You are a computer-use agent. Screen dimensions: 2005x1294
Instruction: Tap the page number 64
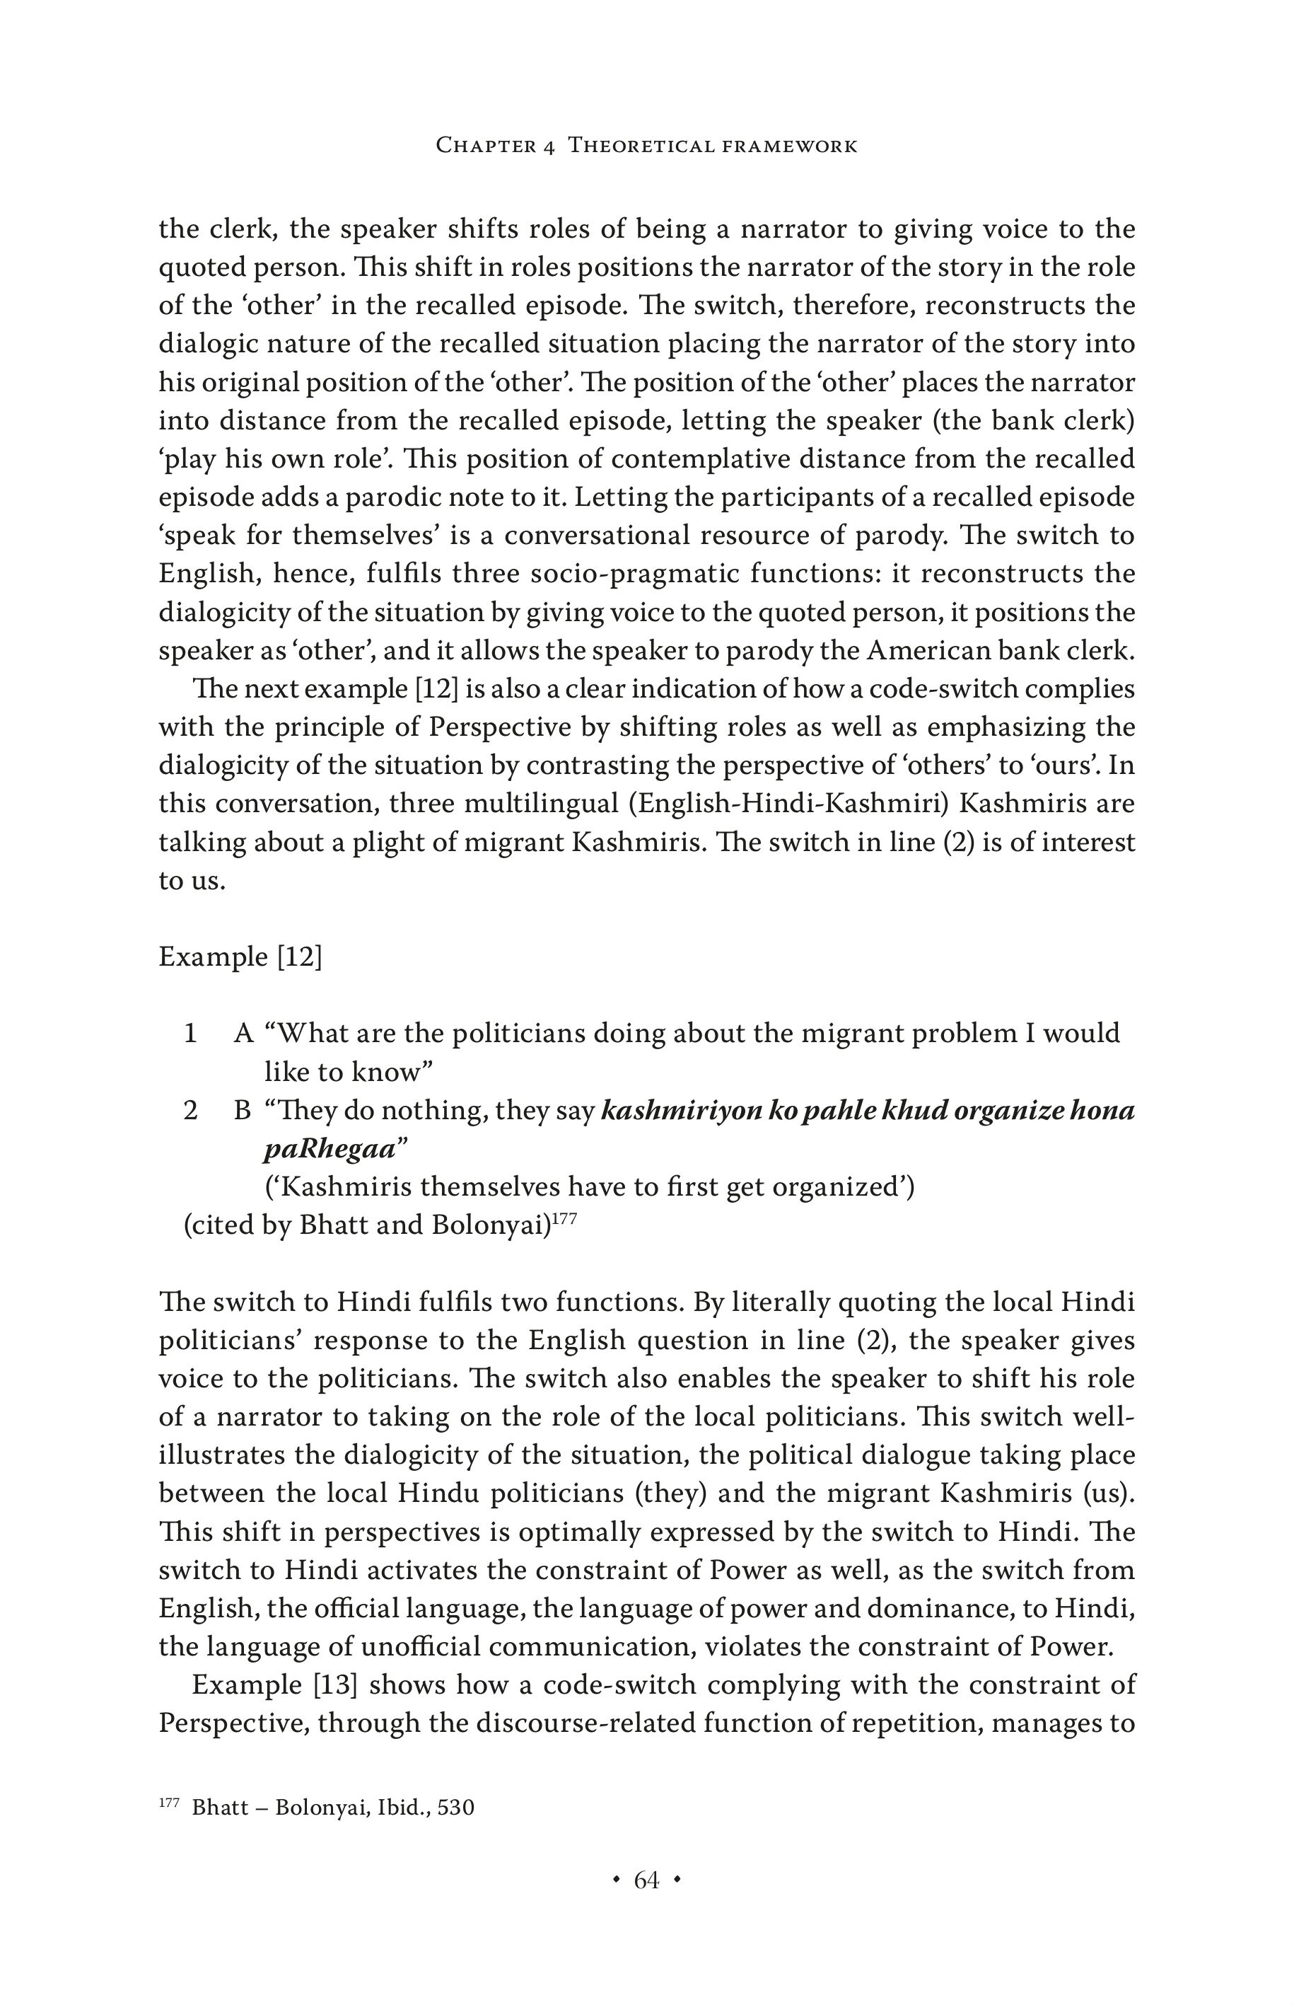point(646,1880)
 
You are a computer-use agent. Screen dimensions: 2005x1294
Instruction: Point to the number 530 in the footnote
point(455,1808)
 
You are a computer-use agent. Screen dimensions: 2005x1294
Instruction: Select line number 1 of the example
point(191,1033)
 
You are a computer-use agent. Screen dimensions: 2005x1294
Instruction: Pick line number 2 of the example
point(191,1111)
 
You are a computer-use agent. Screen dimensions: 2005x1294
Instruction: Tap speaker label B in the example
point(242,1111)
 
